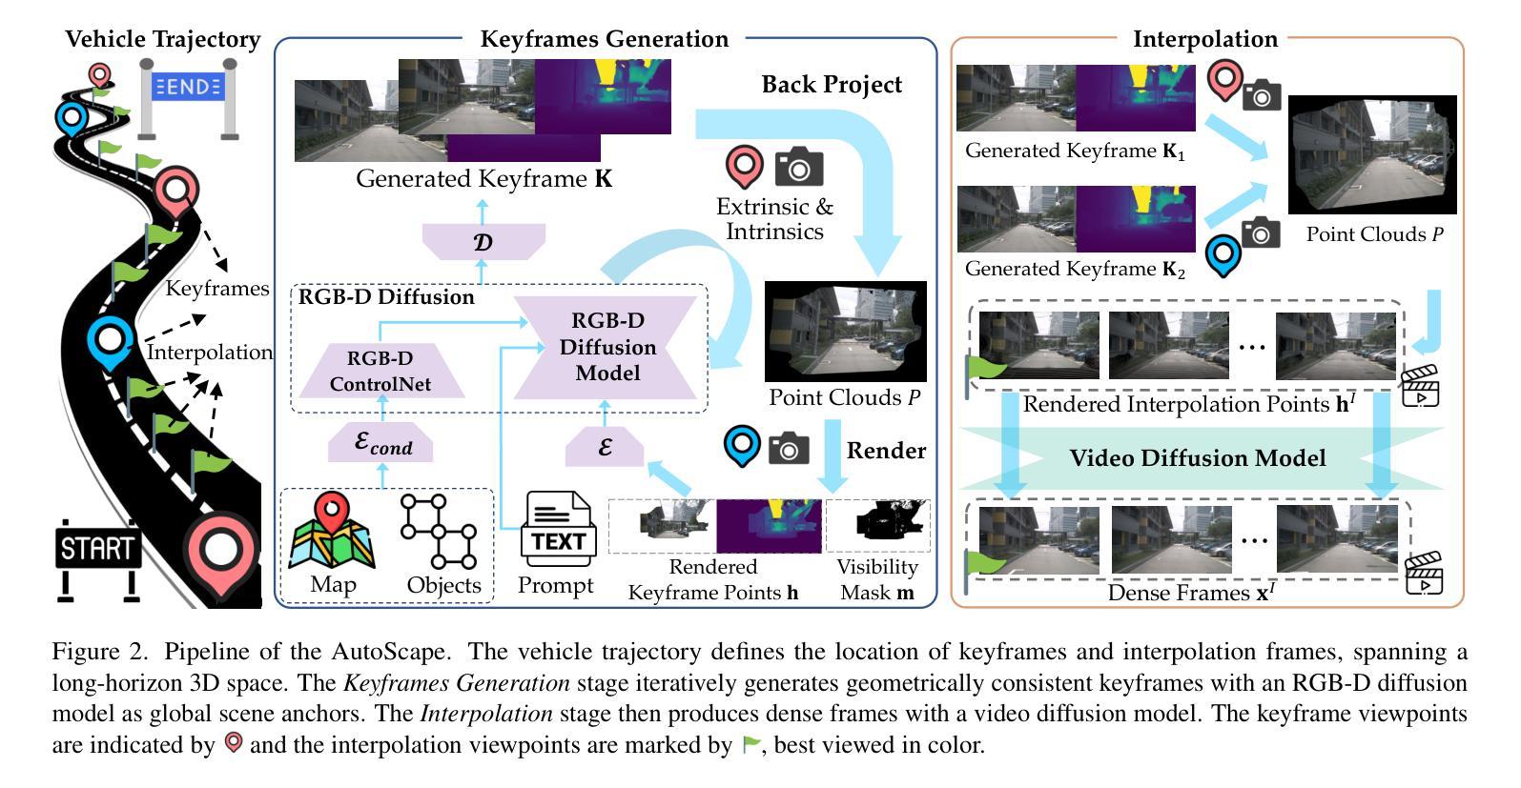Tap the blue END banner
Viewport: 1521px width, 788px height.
pyautogui.click(x=188, y=87)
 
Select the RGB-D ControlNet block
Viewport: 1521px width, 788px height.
pyautogui.click(x=380, y=371)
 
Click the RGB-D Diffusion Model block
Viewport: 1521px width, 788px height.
pyautogui.click(x=607, y=347)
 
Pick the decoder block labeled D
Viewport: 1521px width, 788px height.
pyautogui.click(x=483, y=242)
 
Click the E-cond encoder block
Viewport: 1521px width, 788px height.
pyautogui.click(x=380, y=444)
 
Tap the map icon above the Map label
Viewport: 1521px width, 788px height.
pyautogui.click(x=332, y=531)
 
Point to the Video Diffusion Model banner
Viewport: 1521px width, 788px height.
pyautogui.click(x=1197, y=458)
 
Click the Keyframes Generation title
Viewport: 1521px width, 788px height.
pyautogui.click(x=604, y=39)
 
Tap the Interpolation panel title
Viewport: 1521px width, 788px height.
pyautogui.click(x=1204, y=39)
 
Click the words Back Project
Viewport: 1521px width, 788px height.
pyautogui.click(x=832, y=85)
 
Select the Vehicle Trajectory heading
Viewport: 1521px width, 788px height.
pyautogui.click(x=163, y=39)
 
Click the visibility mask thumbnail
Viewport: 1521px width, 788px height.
pyautogui.click(x=877, y=525)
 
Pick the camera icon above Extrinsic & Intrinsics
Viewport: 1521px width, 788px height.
pyautogui.click(x=798, y=168)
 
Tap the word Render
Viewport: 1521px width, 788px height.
pyautogui.click(x=886, y=450)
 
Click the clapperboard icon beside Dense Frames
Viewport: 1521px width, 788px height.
pyautogui.click(x=1424, y=574)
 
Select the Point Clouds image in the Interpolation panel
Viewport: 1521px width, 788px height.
pyautogui.click(x=1372, y=155)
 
